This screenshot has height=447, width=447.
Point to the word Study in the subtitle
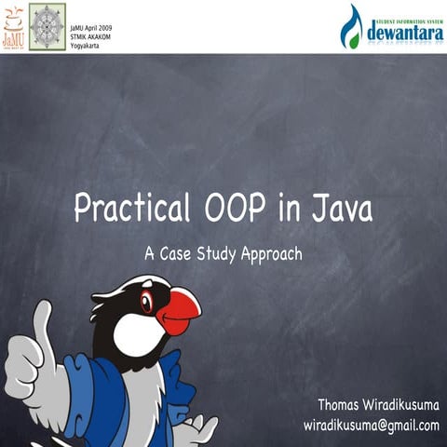point(216,252)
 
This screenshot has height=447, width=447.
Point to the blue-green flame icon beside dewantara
point(351,26)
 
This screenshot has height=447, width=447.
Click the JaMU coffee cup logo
point(13,25)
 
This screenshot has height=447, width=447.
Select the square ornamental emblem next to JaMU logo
point(47,26)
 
